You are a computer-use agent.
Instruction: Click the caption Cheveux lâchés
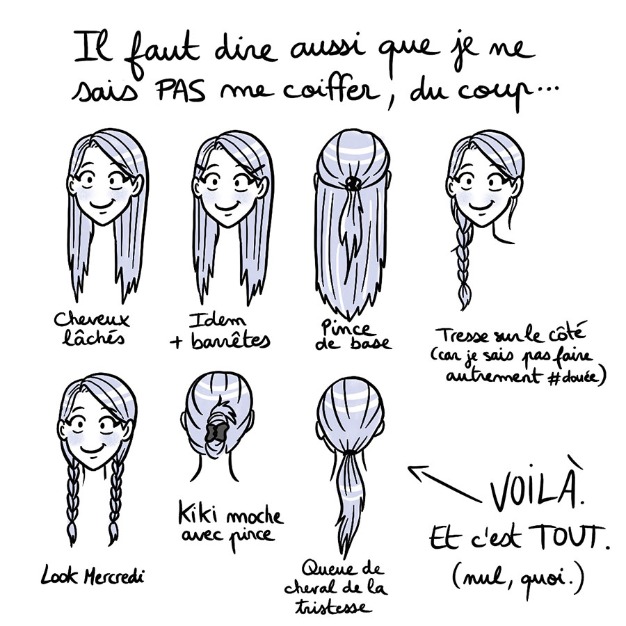tap(91, 329)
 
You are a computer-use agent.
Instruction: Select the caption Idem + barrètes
tap(220, 332)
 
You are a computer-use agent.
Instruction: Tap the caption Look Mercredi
tap(93, 577)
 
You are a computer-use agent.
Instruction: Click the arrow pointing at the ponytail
tap(444, 483)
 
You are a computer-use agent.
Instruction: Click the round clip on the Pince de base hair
tap(353, 183)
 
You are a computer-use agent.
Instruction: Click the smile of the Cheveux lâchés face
tap(104, 204)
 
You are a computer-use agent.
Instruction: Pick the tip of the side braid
tap(464, 309)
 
